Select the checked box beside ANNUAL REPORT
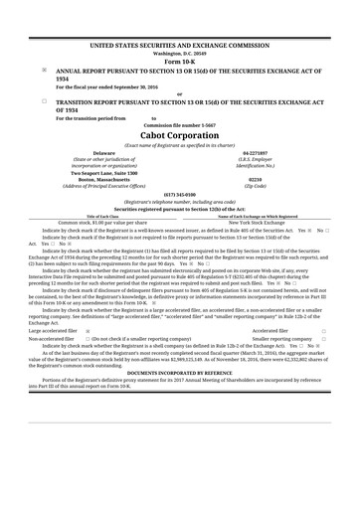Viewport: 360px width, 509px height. coord(45,72)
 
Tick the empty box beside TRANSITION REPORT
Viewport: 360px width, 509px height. coord(45,100)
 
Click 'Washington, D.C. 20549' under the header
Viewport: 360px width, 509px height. coord(179,54)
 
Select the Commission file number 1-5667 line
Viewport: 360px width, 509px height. coord(179,124)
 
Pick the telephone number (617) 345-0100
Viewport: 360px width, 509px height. coord(179,194)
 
